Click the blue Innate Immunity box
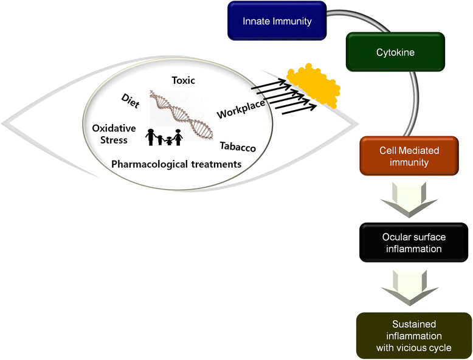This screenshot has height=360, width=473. click(277, 22)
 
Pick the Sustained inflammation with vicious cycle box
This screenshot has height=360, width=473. click(414, 335)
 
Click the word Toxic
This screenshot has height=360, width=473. click(183, 81)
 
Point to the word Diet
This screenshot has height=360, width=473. click(130, 101)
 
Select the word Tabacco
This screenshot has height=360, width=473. click(238, 147)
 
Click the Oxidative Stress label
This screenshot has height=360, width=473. click(109, 134)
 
